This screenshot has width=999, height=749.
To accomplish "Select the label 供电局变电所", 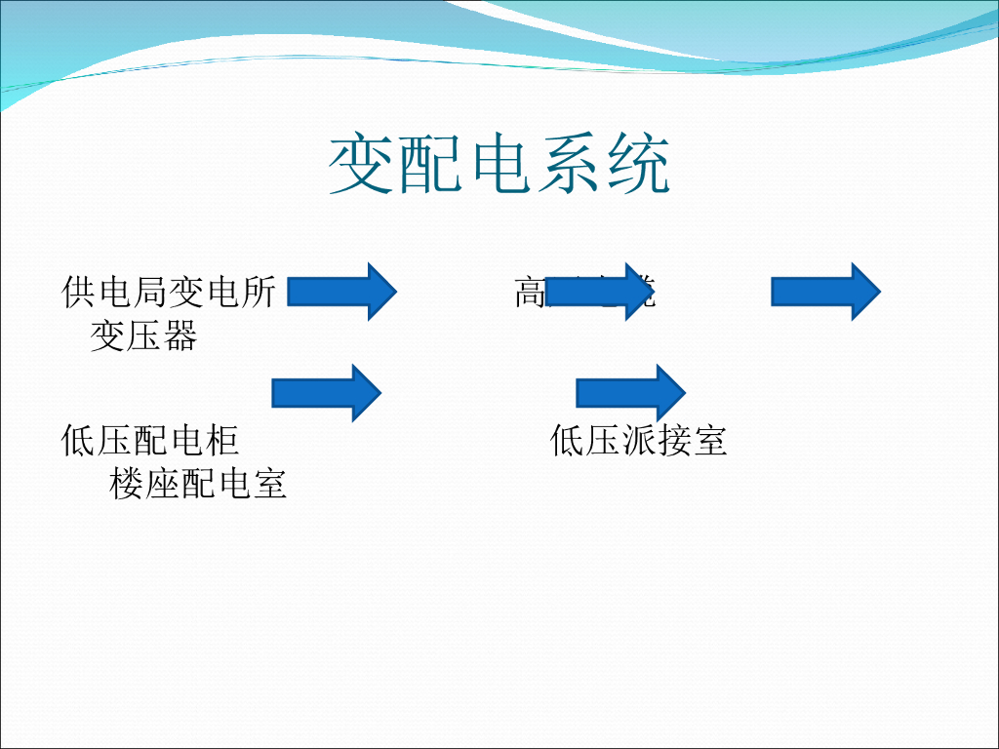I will pyautogui.click(x=169, y=292).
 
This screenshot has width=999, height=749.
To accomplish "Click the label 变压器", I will pyautogui.click(x=144, y=335).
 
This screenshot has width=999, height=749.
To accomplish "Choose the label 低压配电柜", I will pyautogui.click(x=150, y=441).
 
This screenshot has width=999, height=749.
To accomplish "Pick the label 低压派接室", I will pyautogui.click(x=639, y=441).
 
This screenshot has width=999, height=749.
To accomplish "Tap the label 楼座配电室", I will pyautogui.click(x=199, y=484).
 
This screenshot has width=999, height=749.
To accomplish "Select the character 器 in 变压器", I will pyautogui.click(x=180, y=335).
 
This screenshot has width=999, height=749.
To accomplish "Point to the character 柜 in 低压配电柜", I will pyautogui.click(x=222, y=441).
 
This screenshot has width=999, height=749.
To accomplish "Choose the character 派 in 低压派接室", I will pyautogui.click(x=639, y=441).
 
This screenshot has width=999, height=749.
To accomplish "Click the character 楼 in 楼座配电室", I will pyautogui.click(x=128, y=484).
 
